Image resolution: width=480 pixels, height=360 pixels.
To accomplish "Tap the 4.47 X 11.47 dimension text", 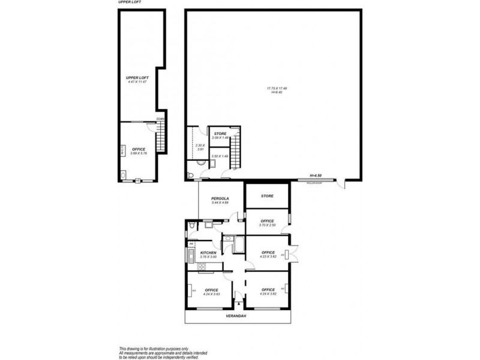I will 137,82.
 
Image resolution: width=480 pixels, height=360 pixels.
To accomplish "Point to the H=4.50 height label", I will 316,175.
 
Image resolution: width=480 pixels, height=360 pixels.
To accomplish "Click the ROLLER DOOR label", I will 315,181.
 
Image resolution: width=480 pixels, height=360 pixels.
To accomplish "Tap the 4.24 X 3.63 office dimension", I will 211,295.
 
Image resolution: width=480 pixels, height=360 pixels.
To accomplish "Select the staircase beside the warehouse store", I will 236,152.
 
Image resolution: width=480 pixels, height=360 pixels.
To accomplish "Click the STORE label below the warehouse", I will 268,196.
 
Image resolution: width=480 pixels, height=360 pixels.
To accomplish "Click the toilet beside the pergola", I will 190,226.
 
